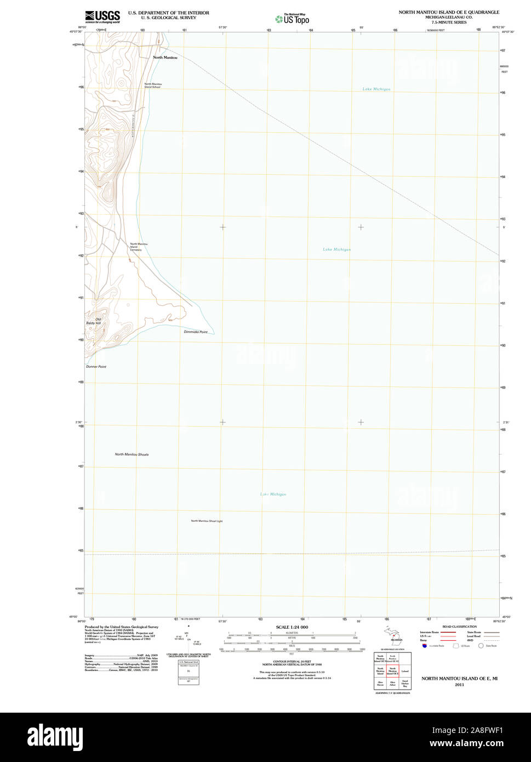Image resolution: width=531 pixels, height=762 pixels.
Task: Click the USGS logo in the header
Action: tap(102, 16)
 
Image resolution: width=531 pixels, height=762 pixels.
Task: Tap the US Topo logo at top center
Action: tap(292, 19)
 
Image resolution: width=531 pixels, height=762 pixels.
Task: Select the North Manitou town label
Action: tap(165, 58)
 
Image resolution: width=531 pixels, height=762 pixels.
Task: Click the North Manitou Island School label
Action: tap(152, 85)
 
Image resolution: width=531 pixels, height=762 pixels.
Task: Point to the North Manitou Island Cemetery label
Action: tap(138, 247)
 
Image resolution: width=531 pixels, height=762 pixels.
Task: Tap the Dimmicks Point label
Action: tap(196, 332)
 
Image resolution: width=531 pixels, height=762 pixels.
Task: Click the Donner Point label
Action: tap(96, 366)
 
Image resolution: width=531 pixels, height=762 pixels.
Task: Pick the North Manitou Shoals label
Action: tap(132, 454)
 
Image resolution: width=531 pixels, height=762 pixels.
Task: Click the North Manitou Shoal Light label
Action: tap(207, 521)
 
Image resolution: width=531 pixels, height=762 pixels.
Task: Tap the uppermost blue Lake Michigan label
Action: tap(376, 89)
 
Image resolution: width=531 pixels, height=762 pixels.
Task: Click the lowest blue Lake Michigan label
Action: tap(273, 494)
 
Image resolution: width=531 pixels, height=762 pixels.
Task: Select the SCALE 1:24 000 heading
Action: tap(292, 627)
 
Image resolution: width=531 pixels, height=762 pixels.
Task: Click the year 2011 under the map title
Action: tap(459, 685)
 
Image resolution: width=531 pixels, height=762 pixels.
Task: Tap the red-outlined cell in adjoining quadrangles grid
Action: tap(392, 671)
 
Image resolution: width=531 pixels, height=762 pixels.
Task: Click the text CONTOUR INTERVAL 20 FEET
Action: tap(292, 662)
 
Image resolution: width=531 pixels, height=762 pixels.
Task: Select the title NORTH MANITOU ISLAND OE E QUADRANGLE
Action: tap(449, 12)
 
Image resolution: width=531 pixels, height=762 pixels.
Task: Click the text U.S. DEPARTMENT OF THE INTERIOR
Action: tap(168, 13)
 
